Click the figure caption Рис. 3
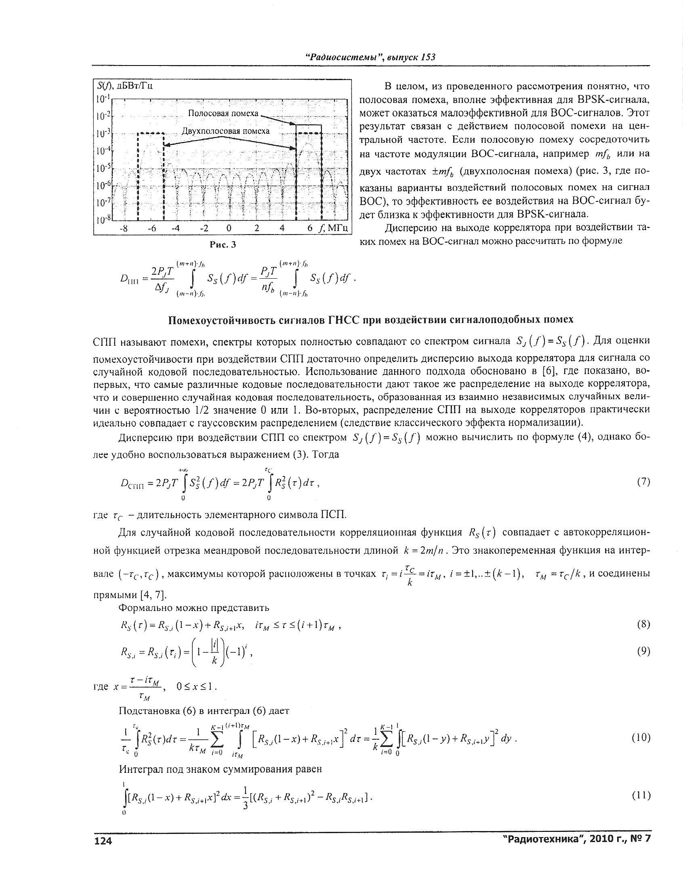click(x=223, y=245)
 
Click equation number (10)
click(x=641, y=737)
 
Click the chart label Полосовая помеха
click(x=223, y=114)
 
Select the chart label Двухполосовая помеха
click(x=225, y=131)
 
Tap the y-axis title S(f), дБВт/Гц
click(x=125, y=86)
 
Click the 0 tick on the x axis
click(x=229, y=228)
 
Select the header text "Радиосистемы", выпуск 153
click(x=370, y=57)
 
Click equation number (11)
click(x=641, y=795)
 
